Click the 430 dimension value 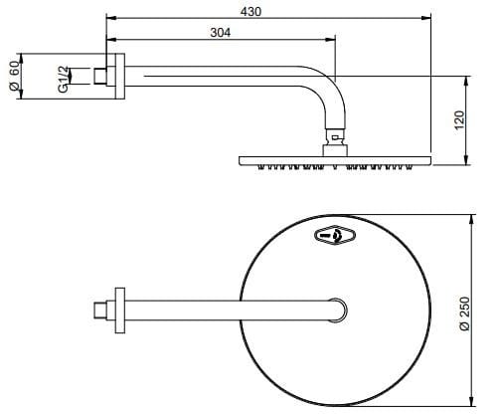pos(250,12)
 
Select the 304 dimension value pos(221,33)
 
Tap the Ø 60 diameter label pos(14,76)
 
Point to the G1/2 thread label pos(64,80)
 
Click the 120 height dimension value pos(459,120)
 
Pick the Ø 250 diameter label pos(465,313)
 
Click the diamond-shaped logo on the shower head pos(335,235)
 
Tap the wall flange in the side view pos(119,76)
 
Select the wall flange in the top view pos(119,311)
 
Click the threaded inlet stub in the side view pos(99,76)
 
